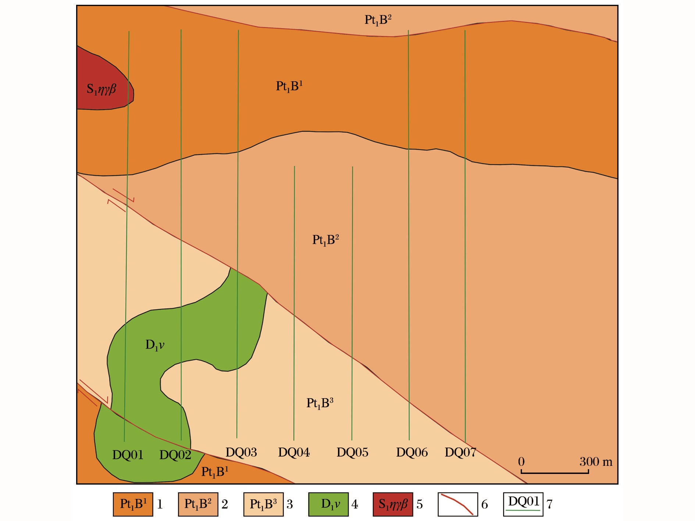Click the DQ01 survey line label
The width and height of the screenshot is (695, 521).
pos(128,455)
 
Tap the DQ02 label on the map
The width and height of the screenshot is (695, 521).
pos(175,455)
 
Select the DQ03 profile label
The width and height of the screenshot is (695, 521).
pos(241,452)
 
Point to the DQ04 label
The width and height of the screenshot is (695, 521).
pos(293,452)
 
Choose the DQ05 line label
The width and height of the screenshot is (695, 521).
pos(352,452)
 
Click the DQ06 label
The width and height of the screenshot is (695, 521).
pos(411,452)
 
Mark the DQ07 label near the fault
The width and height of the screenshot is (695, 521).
pos(460,452)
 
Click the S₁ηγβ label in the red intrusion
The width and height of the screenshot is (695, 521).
pos(101,89)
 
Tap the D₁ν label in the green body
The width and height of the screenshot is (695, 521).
pos(154,345)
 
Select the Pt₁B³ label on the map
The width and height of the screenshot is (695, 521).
pos(320,403)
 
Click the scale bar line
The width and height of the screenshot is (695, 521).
pos(555,472)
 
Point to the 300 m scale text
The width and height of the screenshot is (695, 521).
pos(596,462)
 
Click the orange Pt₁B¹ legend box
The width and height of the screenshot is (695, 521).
pos(133,504)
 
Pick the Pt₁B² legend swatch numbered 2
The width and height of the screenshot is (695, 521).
pos(198,504)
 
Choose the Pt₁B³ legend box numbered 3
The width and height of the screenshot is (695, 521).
pos(263,504)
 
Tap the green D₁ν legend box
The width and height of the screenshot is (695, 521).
pos(328,504)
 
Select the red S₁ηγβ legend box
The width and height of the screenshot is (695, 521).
pos(393,504)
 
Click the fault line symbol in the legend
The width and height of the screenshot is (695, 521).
pos(457,504)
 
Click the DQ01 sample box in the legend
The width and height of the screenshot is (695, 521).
pos(523,504)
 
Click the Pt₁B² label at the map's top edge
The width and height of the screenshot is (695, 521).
pos(378,20)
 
